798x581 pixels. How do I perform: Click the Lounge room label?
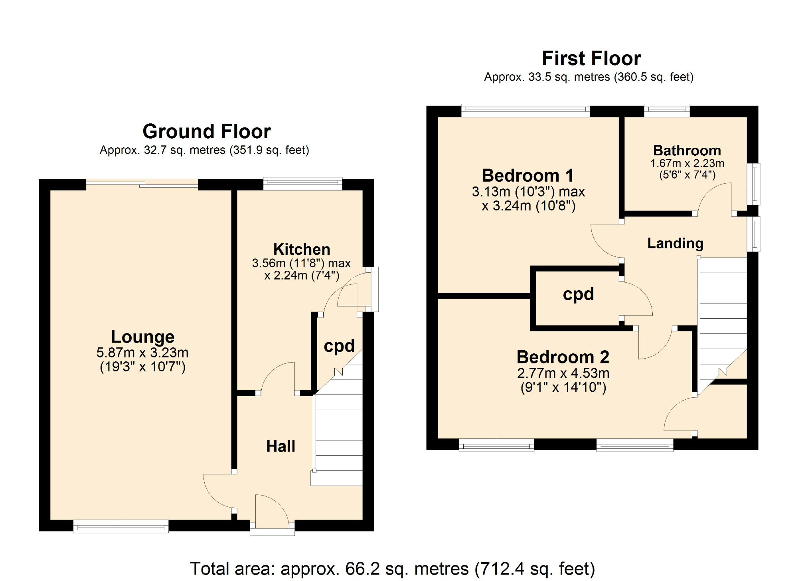[142, 337]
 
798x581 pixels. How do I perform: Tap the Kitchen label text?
[302, 249]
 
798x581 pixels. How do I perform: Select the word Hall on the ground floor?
[280, 446]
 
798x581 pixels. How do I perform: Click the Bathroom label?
[687, 151]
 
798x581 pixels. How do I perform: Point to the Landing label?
[675, 243]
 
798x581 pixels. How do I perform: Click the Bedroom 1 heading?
[527, 176]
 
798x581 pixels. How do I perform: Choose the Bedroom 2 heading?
[563, 357]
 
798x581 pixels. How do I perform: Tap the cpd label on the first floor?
[578, 295]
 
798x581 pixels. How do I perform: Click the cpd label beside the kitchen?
[339, 346]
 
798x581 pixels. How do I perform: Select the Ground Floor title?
[207, 131]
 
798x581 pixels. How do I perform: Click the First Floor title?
[591, 58]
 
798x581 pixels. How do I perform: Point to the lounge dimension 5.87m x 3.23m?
[142, 353]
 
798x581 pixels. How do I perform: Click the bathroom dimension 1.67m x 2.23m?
[687, 163]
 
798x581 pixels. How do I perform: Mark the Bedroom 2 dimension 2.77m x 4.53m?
[563, 373]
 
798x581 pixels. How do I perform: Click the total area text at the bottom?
[392, 569]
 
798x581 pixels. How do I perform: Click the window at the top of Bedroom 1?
[525, 111]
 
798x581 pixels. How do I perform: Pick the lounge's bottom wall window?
[121, 527]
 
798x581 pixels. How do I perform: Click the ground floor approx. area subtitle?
[204, 150]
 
